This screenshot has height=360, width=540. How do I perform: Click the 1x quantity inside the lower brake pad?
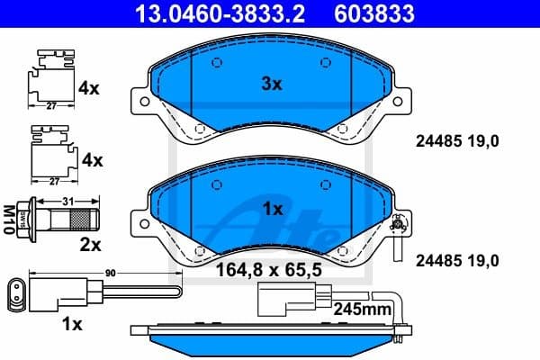pyautogui.click(x=271, y=208)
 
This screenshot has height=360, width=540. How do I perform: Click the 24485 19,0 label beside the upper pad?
pyautogui.click(x=454, y=140)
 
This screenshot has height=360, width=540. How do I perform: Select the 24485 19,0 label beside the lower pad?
pyautogui.click(x=454, y=260)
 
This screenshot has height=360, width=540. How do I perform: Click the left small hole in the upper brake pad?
pyautogui.click(x=216, y=63)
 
